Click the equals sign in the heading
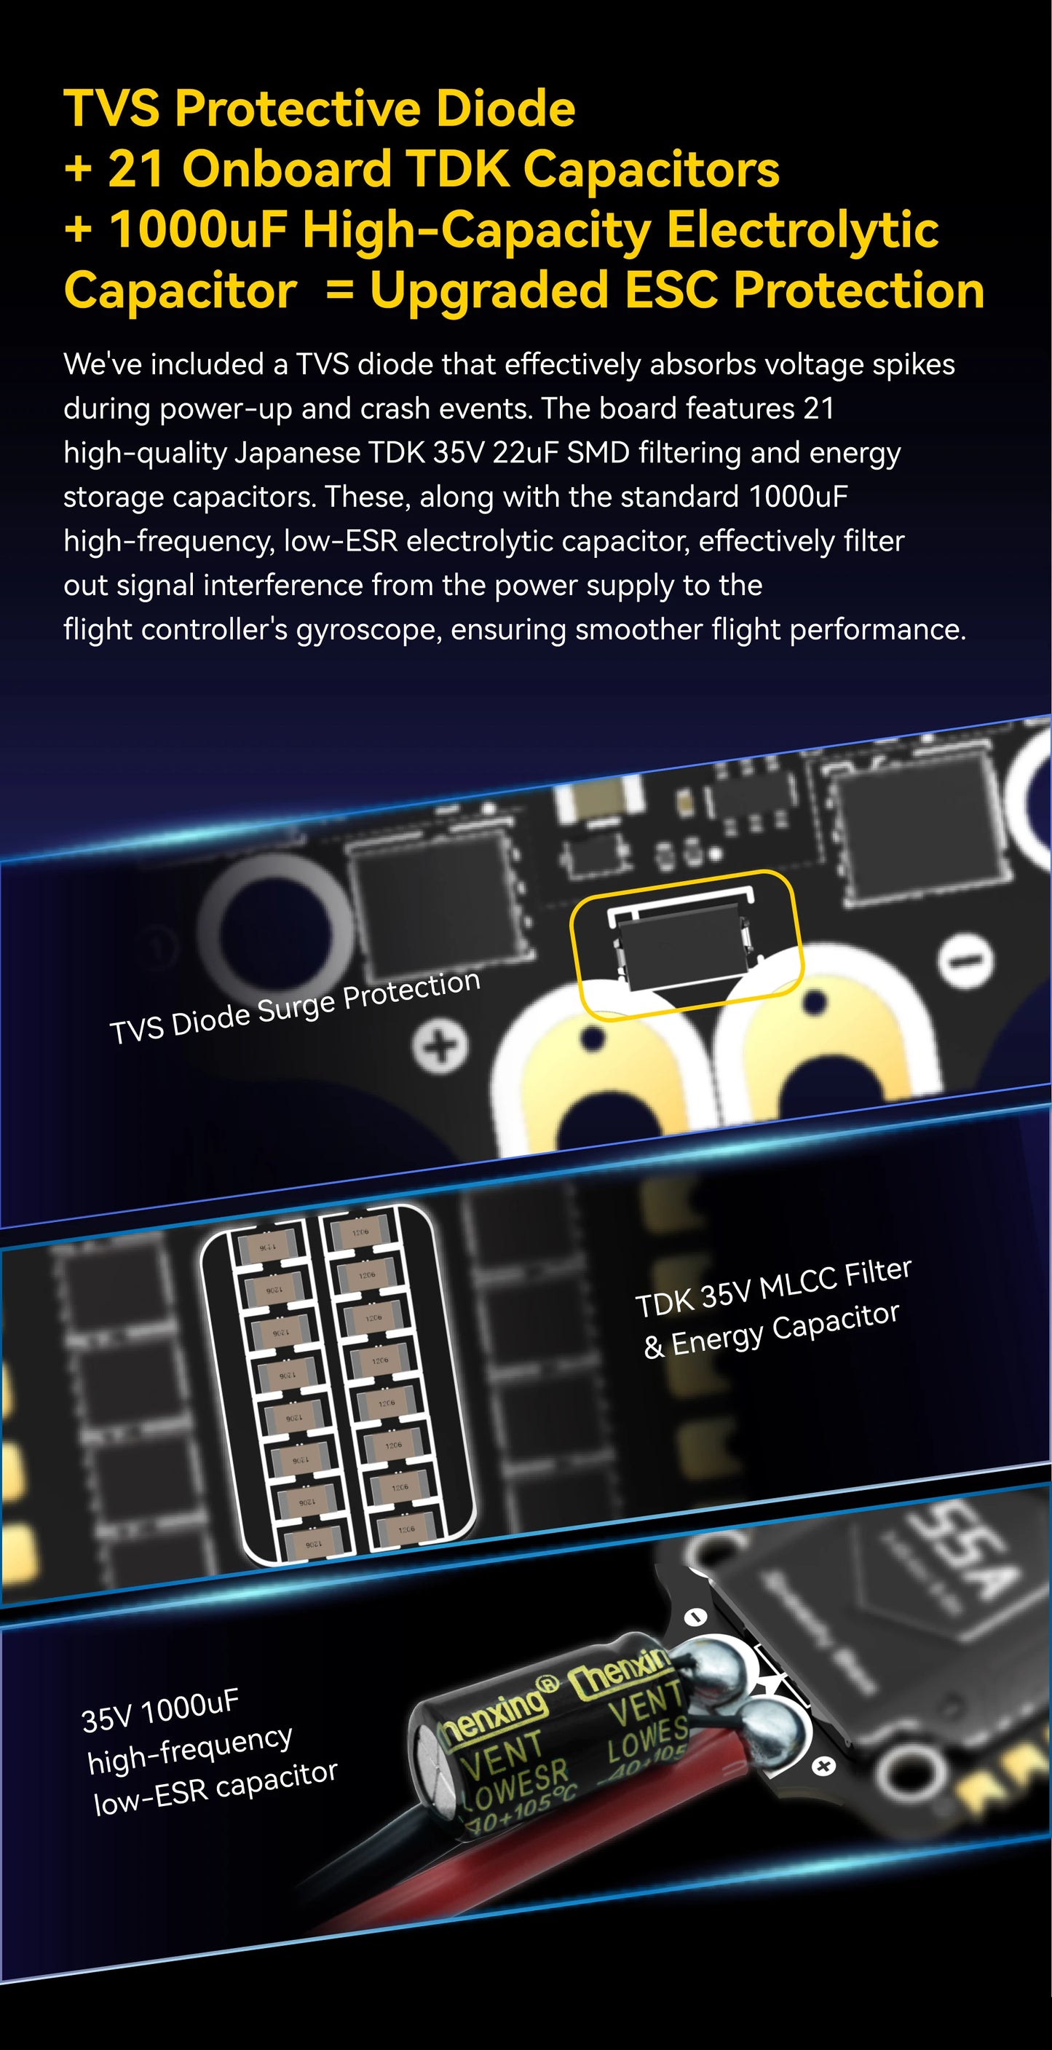[340, 291]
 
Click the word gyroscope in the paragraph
[367, 630]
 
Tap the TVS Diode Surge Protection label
[294, 1006]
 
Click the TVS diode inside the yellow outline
[682, 946]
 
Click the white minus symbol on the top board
[965, 961]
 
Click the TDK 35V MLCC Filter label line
[772, 1288]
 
